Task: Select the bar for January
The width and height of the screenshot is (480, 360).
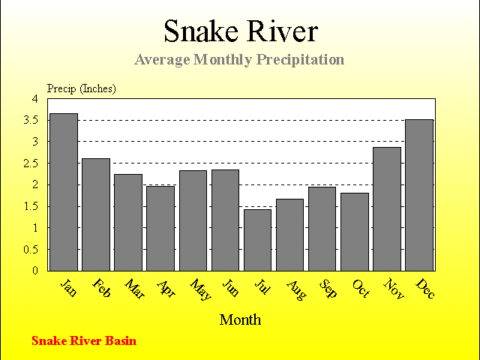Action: (64, 192)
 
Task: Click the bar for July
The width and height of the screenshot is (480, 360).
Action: (257, 240)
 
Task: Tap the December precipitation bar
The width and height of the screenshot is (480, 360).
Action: (419, 195)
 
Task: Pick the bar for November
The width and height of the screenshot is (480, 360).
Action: (387, 209)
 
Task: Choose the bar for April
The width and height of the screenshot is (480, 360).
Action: (160, 229)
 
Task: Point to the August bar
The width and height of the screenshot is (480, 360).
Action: (290, 235)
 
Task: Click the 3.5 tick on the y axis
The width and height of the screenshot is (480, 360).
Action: (31, 120)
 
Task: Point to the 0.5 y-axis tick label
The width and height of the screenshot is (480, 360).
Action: (31, 250)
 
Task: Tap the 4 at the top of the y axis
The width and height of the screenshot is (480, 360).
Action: (35, 99)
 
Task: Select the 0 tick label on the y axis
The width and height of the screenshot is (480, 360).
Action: (35, 271)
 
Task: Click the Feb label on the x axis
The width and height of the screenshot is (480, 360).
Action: (101, 288)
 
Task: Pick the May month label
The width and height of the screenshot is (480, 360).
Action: (200, 289)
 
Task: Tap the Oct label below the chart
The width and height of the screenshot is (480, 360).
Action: (361, 288)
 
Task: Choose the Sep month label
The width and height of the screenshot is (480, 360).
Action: (328, 288)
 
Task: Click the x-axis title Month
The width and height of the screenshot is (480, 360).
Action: (240, 320)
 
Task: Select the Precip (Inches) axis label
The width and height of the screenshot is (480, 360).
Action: (82, 88)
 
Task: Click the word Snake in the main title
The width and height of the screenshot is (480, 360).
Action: (201, 31)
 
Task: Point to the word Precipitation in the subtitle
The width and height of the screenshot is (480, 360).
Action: (300, 60)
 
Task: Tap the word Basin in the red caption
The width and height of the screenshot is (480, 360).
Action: (121, 340)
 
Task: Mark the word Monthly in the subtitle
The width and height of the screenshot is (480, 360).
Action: (223, 60)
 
